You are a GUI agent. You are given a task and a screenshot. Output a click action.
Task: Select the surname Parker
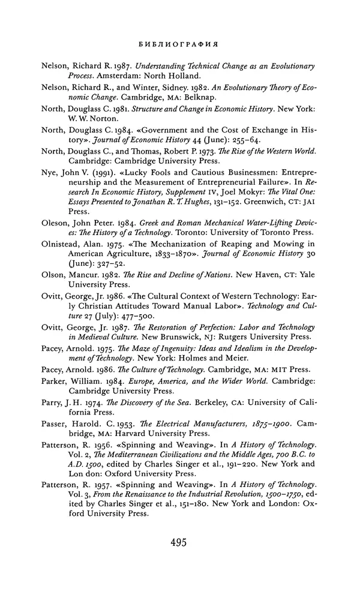click(56, 398)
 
